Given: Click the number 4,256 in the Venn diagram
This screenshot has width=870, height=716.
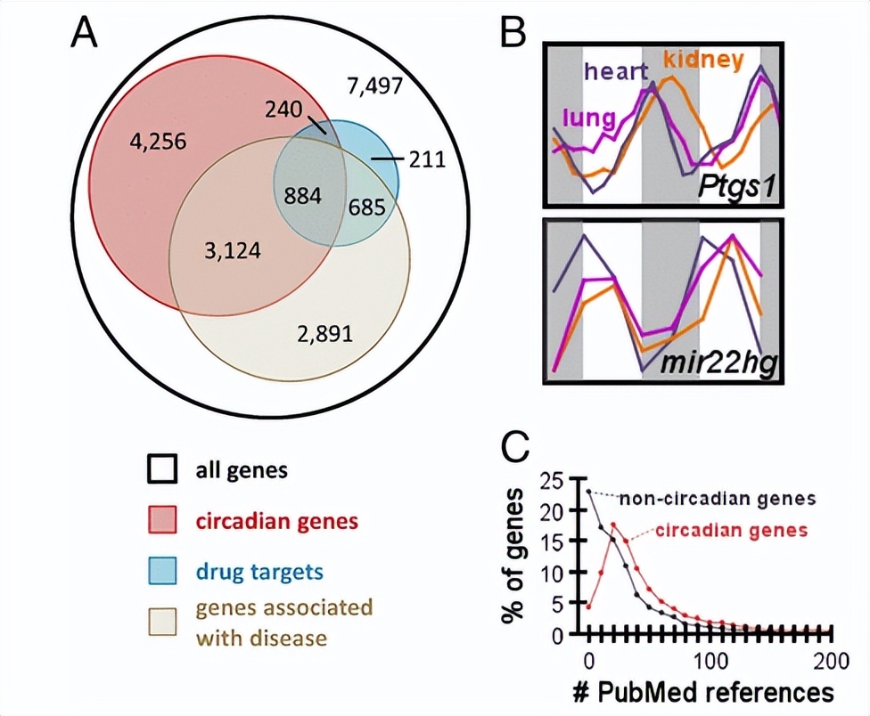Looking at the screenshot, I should (x=157, y=141).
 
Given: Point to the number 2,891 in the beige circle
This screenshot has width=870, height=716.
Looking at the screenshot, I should (x=324, y=335).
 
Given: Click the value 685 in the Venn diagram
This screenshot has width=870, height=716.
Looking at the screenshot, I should (x=366, y=208).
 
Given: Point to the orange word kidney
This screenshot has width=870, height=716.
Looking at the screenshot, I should (x=703, y=61).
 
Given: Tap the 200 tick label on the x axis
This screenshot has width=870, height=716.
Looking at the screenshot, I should (x=829, y=661).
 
